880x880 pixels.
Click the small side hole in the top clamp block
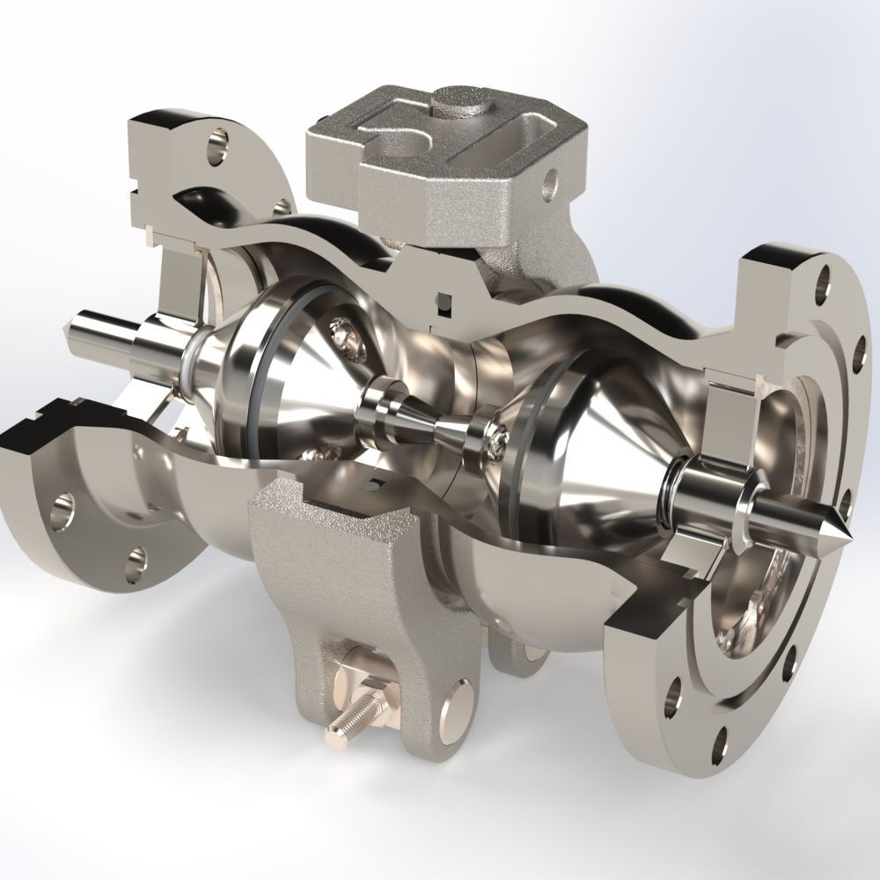[x=552, y=182]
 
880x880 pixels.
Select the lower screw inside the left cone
[x=310, y=456]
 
